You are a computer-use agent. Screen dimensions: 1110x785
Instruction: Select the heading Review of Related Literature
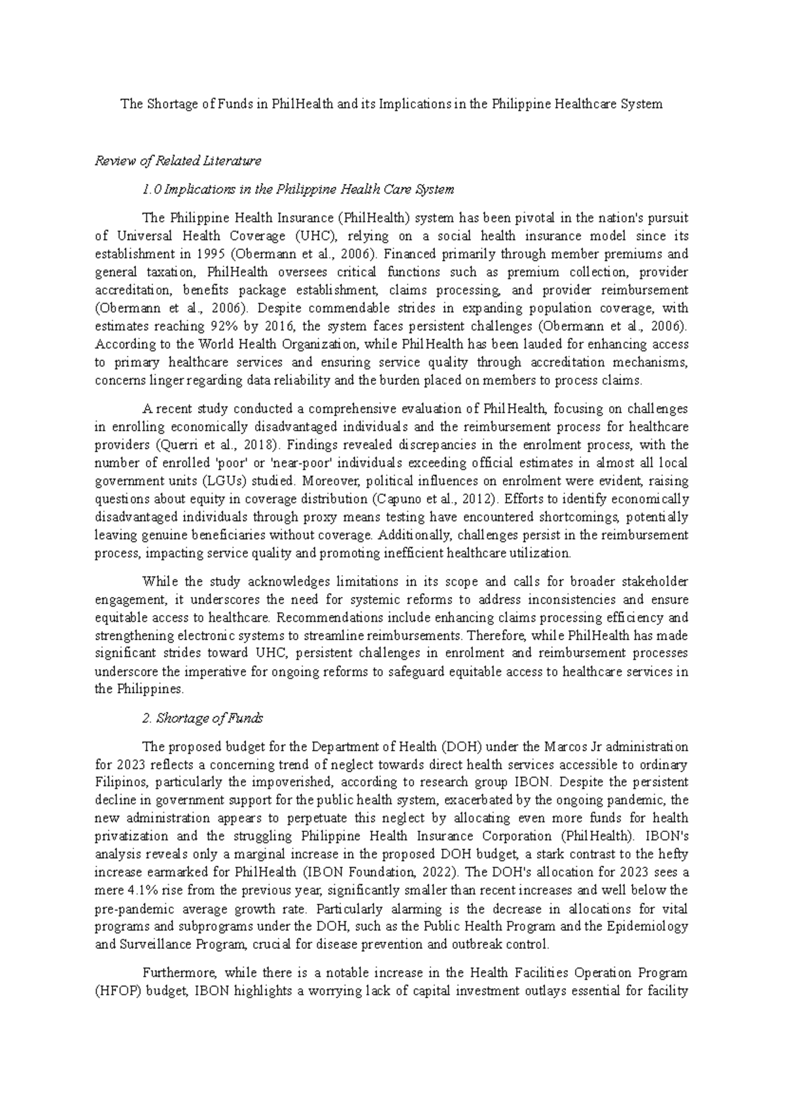[178, 160]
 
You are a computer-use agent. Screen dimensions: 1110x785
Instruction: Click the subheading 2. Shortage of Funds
[202, 718]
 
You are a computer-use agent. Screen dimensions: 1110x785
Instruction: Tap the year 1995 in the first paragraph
[198, 254]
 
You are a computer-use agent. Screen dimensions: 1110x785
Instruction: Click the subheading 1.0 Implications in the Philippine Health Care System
[298, 189]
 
